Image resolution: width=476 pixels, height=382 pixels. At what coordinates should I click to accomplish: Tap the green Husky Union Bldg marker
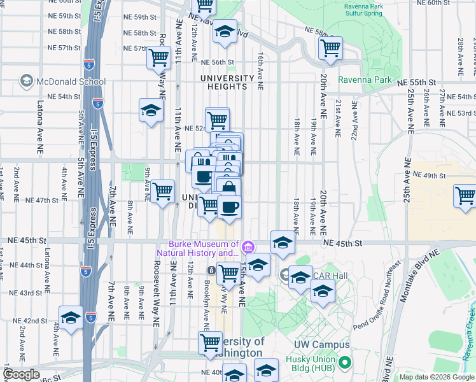coord(345,363)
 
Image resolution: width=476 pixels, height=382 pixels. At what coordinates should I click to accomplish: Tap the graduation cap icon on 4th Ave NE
coord(71,318)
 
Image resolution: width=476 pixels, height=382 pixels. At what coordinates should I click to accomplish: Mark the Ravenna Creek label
coord(470,329)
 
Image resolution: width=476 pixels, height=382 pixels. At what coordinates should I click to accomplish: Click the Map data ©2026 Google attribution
coord(437,377)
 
